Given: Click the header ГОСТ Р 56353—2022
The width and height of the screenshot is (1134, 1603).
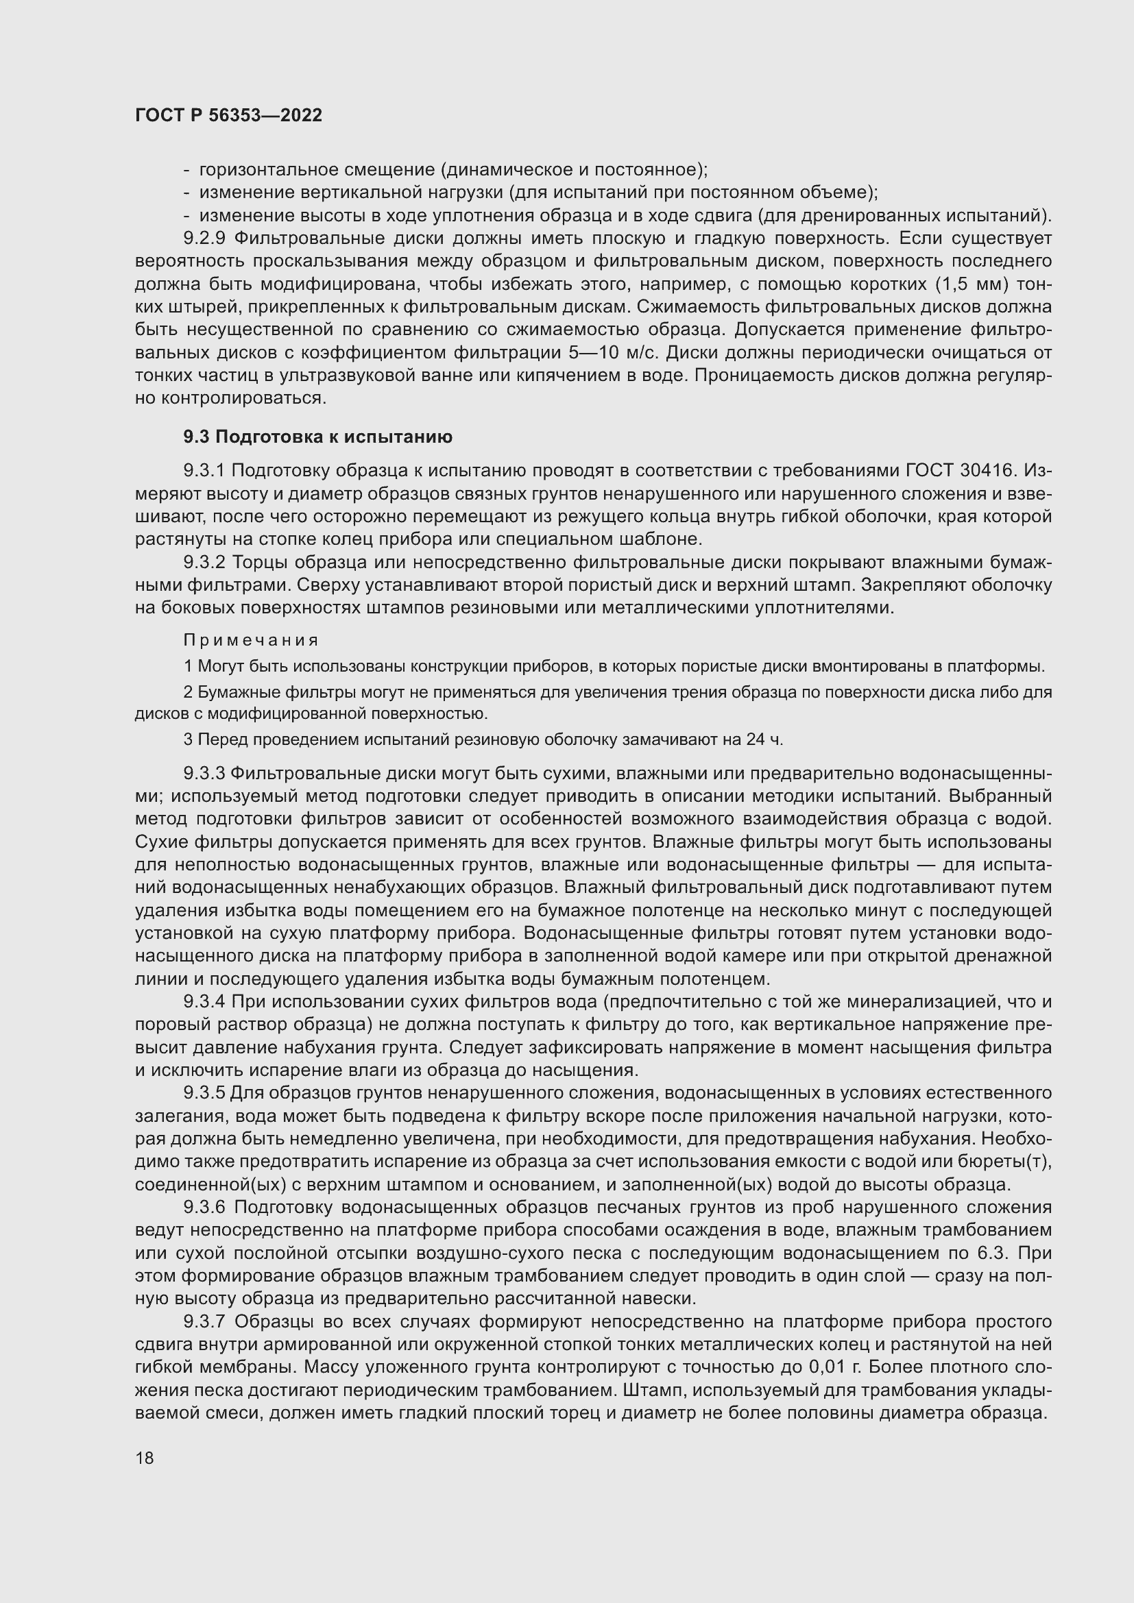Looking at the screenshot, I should click(x=228, y=116).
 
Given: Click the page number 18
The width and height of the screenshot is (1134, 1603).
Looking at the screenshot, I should click(x=145, y=1458).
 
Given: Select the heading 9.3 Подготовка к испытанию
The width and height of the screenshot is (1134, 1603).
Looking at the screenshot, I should click(x=317, y=437).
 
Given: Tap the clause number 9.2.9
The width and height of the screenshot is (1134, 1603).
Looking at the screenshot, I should click(x=204, y=238).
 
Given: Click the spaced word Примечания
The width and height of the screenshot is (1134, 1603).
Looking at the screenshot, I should click(x=251, y=640).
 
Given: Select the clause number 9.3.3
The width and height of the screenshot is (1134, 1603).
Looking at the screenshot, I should click(x=204, y=774).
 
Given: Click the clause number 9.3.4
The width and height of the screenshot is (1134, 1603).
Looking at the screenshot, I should click(x=204, y=1003).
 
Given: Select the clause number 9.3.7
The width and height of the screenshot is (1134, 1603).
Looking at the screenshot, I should click(x=204, y=1321).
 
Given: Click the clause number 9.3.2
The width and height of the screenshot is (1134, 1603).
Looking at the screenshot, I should click(x=204, y=563).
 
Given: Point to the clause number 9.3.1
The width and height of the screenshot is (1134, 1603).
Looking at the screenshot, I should click(x=204, y=472).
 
